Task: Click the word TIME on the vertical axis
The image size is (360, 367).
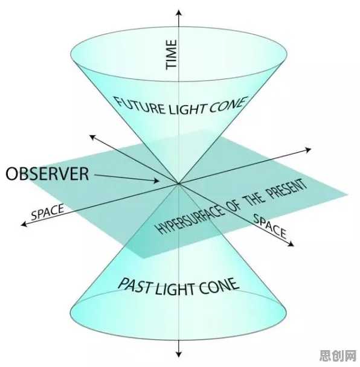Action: (x=171, y=54)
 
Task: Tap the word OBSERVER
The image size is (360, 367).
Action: (x=47, y=173)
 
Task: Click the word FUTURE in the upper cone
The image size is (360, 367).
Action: (x=140, y=106)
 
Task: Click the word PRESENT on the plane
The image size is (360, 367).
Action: (x=288, y=190)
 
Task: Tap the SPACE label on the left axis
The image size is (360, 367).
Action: (x=47, y=212)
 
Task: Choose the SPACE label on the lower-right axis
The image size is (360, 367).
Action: (x=270, y=226)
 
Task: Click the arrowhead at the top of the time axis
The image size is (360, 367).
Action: (x=179, y=13)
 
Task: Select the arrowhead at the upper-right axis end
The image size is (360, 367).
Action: (x=308, y=150)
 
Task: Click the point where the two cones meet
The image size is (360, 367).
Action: (x=179, y=183)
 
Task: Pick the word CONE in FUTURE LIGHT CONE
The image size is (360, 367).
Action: (x=228, y=105)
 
